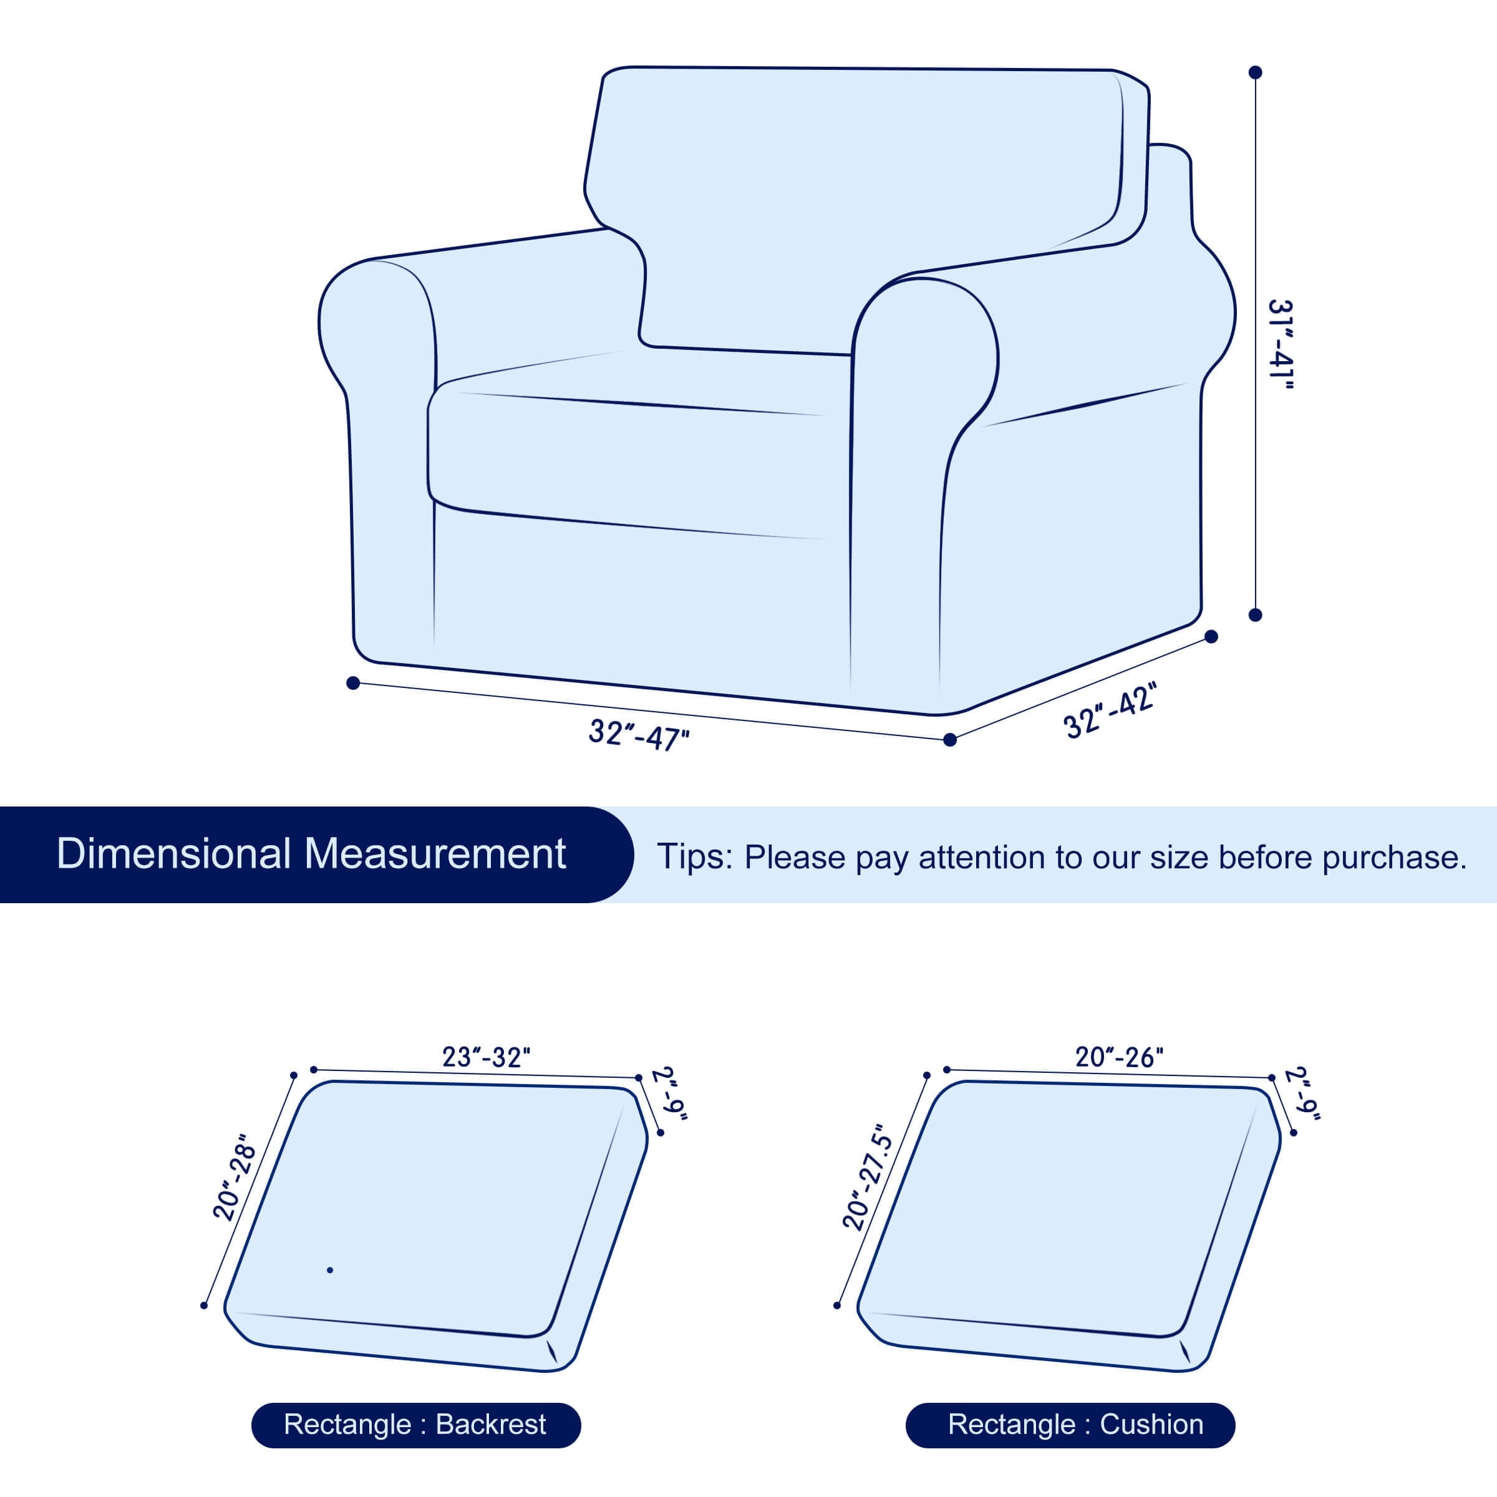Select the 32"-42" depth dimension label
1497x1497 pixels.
(x=1110, y=710)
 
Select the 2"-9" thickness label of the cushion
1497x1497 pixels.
(x=1302, y=1093)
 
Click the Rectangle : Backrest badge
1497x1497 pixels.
(x=415, y=1425)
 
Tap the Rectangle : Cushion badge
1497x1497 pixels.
(x=1070, y=1425)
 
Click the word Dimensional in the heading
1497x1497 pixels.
(x=173, y=854)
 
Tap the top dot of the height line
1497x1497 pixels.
(x=1255, y=72)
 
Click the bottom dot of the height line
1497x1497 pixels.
(x=1255, y=614)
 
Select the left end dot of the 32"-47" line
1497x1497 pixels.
(x=352, y=682)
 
